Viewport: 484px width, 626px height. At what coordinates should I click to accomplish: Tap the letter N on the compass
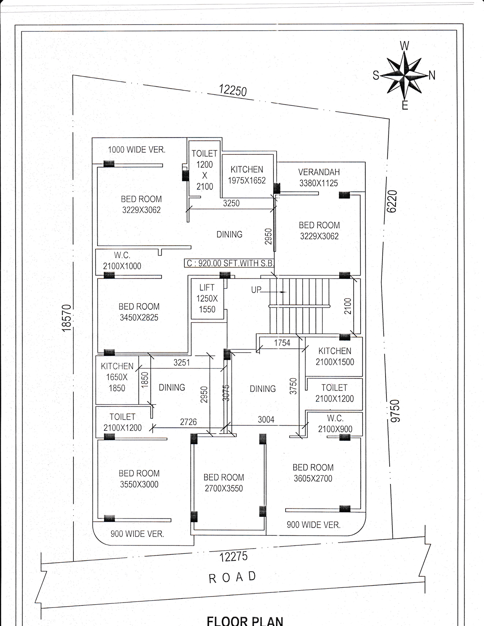432,75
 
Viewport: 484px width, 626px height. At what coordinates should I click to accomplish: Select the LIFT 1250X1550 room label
207,298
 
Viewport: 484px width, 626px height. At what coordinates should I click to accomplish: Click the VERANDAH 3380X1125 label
319,177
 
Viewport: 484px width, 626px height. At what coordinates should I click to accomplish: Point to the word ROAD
232,577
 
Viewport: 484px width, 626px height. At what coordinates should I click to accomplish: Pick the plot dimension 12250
233,90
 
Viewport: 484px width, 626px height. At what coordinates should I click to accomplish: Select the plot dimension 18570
67,318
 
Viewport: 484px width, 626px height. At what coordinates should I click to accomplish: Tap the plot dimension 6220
392,202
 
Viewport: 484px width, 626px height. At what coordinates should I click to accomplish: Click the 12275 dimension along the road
234,556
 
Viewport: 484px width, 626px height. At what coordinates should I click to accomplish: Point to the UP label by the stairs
256,290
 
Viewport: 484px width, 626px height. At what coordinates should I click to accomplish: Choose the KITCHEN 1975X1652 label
247,175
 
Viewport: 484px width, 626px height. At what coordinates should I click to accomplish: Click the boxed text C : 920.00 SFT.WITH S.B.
229,263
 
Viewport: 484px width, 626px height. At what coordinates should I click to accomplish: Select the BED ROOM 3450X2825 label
139,312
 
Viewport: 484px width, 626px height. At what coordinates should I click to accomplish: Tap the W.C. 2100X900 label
335,424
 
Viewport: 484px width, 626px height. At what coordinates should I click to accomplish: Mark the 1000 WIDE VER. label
137,150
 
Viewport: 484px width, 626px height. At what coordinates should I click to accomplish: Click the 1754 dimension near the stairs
282,343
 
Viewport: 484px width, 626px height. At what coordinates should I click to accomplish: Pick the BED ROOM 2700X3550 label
224,483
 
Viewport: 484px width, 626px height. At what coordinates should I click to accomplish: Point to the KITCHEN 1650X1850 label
117,377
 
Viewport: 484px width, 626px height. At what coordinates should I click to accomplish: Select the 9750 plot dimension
395,411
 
